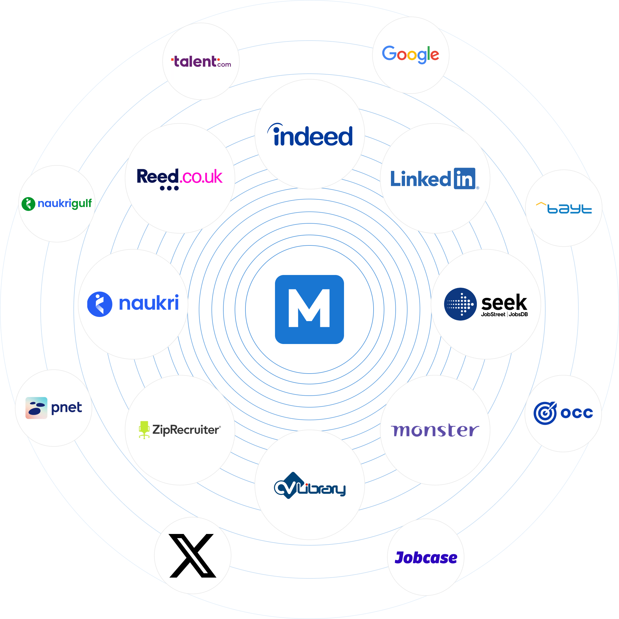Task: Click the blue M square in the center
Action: pyautogui.click(x=309, y=309)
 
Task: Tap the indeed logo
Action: pyautogui.click(x=310, y=135)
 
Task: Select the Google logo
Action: pyautogui.click(x=411, y=54)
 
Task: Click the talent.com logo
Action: pyautogui.click(x=201, y=62)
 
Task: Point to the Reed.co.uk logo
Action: pyautogui.click(x=179, y=177)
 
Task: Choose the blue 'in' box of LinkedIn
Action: pyautogui.click(x=465, y=178)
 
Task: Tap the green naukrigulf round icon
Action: pyautogui.click(x=28, y=204)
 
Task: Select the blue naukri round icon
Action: pyautogui.click(x=100, y=304)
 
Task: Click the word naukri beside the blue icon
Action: pyautogui.click(x=149, y=303)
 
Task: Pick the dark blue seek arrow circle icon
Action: pyautogui.click(x=460, y=304)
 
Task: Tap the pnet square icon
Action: pyautogui.click(x=36, y=408)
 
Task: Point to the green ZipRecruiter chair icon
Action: pyautogui.click(x=144, y=429)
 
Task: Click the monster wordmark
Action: pyautogui.click(x=435, y=430)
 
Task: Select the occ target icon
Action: pyautogui.click(x=545, y=413)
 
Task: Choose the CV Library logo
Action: pyautogui.click(x=309, y=486)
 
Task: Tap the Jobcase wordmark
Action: pyautogui.click(x=426, y=558)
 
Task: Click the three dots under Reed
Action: pyautogui.click(x=169, y=188)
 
